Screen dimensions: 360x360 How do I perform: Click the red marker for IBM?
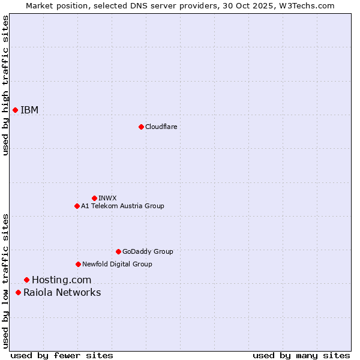click(15, 110)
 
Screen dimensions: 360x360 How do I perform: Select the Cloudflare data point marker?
click(141, 127)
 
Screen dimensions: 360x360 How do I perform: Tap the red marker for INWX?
click(94, 198)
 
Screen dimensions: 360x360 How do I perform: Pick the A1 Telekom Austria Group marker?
click(77, 206)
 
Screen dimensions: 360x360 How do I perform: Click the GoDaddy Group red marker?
click(118, 251)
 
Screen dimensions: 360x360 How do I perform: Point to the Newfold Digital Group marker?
click(78, 264)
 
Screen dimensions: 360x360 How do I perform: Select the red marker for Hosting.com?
click(26, 280)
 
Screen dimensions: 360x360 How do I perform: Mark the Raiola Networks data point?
click(18, 292)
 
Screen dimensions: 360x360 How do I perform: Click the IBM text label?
click(29, 110)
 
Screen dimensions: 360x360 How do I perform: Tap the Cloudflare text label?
click(161, 127)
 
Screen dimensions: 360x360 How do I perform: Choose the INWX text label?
click(108, 198)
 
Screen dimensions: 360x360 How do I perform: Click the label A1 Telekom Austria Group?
click(122, 206)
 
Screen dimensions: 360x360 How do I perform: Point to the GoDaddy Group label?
click(148, 251)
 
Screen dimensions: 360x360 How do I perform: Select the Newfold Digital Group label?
click(117, 264)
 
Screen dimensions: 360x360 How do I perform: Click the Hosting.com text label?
click(62, 280)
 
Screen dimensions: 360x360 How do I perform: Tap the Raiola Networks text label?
click(62, 292)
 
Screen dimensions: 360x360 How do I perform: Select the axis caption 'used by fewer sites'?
click(62, 355)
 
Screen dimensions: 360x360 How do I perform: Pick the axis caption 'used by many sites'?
click(301, 355)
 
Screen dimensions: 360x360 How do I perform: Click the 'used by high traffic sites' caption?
click(5, 85)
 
